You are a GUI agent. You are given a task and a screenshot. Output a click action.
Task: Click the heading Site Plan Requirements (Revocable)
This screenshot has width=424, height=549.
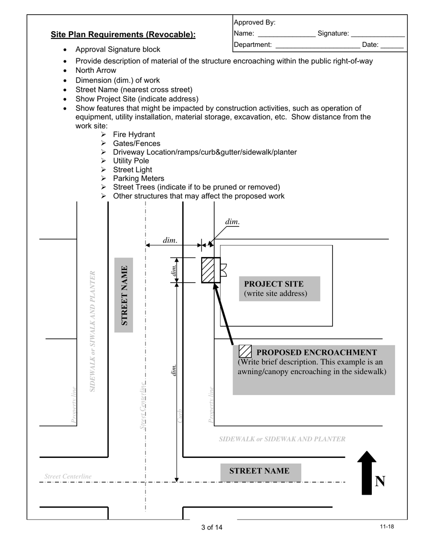point(123,35)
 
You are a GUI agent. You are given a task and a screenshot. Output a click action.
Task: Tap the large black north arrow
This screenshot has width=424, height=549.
point(367,473)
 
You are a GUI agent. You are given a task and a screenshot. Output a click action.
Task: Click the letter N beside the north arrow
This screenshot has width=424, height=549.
point(380,481)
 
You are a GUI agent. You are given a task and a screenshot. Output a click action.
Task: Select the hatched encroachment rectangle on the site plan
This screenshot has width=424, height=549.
point(211,270)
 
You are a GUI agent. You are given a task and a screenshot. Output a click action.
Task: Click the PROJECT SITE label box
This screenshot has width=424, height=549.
point(279,288)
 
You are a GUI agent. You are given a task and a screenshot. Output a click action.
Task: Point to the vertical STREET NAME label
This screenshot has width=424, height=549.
point(124,295)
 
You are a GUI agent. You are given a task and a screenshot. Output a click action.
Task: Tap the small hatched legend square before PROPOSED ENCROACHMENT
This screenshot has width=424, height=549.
point(245,352)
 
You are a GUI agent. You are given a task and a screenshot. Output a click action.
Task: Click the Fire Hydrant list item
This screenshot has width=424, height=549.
point(134,134)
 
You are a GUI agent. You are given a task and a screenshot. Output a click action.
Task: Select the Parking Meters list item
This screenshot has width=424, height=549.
point(138,179)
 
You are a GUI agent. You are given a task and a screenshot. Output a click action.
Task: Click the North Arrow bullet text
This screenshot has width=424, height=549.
point(96,71)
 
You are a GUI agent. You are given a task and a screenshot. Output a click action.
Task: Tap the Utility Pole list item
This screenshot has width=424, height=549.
point(131,161)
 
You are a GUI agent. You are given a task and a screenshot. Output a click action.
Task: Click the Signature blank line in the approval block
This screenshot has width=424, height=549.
point(378,34)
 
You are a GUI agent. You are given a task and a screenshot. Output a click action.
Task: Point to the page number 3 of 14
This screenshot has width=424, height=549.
point(212,528)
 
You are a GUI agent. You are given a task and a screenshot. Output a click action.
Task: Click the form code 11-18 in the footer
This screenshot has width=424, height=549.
point(387,527)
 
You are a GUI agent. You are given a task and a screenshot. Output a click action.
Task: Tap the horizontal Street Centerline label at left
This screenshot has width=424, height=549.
point(68,476)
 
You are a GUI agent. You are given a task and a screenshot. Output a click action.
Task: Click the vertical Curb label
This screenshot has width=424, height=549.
point(180,416)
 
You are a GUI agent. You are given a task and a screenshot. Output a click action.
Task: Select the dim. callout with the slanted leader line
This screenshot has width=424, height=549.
point(232,222)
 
